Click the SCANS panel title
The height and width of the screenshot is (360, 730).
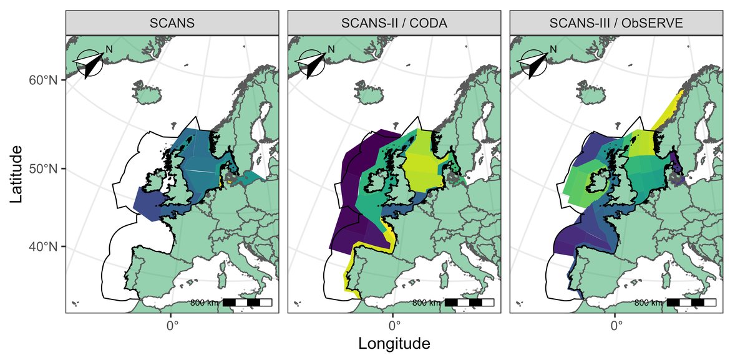[172, 24]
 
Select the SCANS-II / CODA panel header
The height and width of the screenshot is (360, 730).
[394, 24]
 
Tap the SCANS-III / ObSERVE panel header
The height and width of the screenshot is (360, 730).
[616, 24]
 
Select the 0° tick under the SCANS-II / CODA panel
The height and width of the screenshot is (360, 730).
[394, 324]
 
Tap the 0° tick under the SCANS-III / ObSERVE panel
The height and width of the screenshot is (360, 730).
[616, 324]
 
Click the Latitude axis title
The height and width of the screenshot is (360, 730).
[17, 174]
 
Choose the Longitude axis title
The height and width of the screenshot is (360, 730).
[394, 344]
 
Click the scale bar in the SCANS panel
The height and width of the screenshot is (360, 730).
[247, 303]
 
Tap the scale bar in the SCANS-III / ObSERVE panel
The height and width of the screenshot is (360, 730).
[691, 303]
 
